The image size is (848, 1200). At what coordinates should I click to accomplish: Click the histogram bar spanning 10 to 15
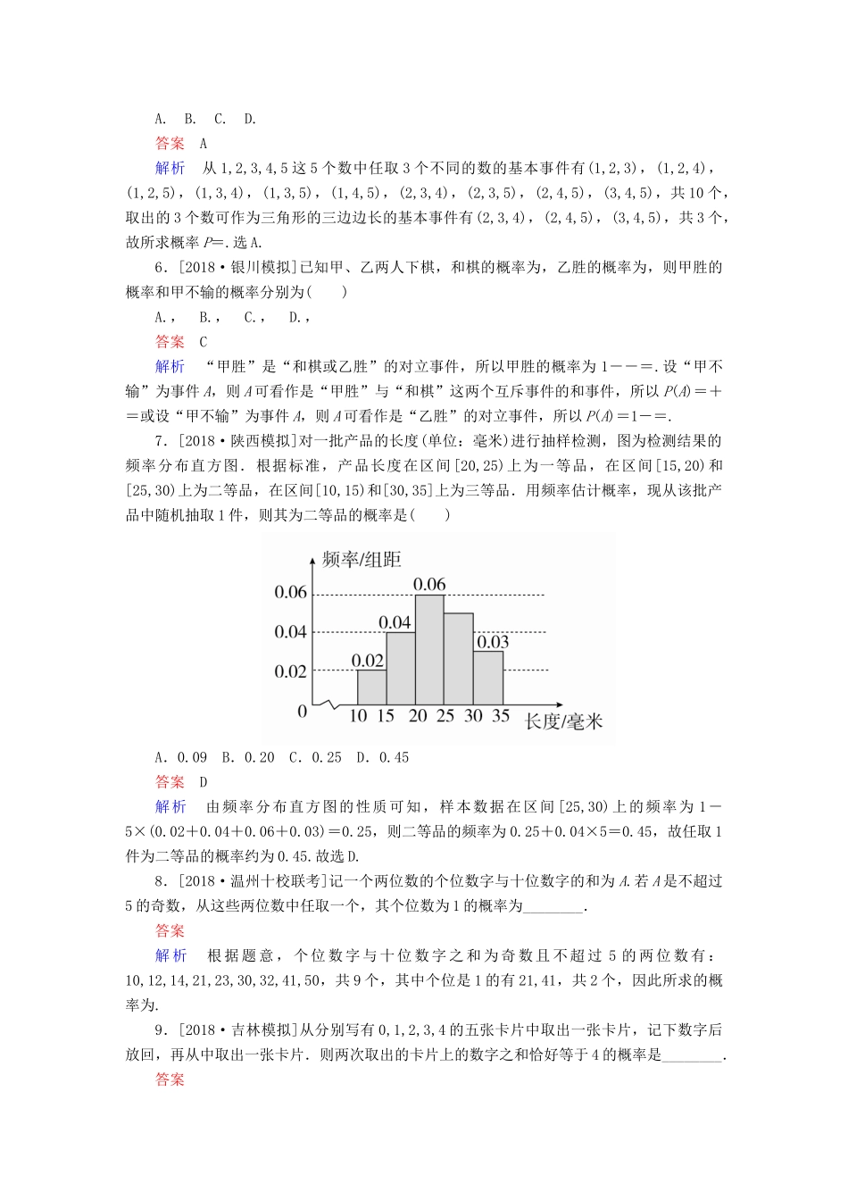(371, 687)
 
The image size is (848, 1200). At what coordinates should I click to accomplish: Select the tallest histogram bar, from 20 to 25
(430, 649)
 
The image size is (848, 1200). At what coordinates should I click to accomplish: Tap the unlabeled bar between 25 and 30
(459, 659)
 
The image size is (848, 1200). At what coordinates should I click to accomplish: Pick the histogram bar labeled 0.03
(488, 678)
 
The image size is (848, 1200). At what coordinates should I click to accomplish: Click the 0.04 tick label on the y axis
(290, 632)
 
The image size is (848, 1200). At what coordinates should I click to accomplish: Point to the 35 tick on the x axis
(501, 716)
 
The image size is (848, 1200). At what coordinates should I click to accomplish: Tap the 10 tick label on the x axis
(358, 716)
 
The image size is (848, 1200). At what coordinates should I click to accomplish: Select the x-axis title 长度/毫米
(563, 721)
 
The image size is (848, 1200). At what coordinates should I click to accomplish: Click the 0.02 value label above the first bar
(368, 661)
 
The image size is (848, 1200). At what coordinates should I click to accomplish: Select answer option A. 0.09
(181, 757)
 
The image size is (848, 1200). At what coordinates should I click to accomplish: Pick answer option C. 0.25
(315, 757)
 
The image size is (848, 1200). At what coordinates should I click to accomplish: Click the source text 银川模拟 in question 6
(261, 267)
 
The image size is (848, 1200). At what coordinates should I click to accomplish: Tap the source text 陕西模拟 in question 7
(261, 440)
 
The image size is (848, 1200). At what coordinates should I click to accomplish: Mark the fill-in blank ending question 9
(694, 1055)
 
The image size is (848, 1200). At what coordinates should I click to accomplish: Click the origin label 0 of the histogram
(302, 712)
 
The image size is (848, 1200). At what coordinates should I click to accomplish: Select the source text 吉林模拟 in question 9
(261, 1030)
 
